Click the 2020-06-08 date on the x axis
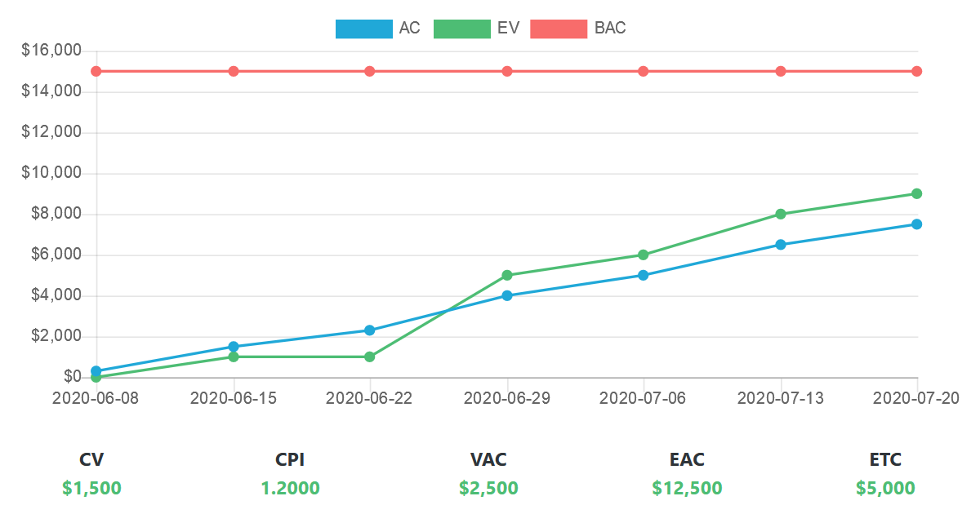pyautogui.click(x=96, y=398)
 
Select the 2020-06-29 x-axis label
pyautogui.click(x=507, y=398)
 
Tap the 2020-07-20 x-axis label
pyautogui.click(x=916, y=398)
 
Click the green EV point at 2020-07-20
pyautogui.click(x=916, y=193)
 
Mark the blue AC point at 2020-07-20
pyautogui.click(x=916, y=224)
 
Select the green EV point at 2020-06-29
pyautogui.click(x=507, y=275)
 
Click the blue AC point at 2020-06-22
pyautogui.click(x=370, y=330)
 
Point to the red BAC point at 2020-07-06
pyautogui.click(x=644, y=71)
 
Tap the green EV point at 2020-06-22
pyautogui.click(x=370, y=357)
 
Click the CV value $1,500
pyautogui.click(x=91, y=489)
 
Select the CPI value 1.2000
pyautogui.click(x=290, y=489)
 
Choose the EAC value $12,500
pyautogui.click(x=687, y=489)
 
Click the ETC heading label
pyautogui.click(x=885, y=460)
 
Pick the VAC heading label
pyautogui.click(x=488, y=460)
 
